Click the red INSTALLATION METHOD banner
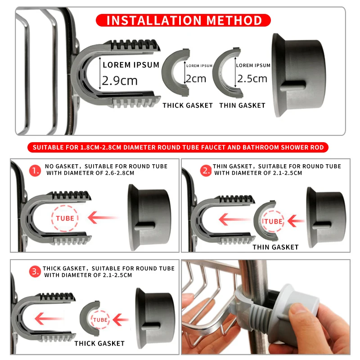(x=183, y=20)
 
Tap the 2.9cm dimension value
(x=120, y=81)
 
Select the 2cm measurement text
(x=196, y=79)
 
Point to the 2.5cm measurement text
(x=252, y=79)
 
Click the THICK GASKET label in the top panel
(x=188, y=105)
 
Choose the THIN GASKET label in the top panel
(x=242, y=105)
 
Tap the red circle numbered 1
(x=35, y=171)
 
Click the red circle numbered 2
(x=206, y=171)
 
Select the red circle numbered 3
(x=35, y=272)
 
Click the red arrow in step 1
(x=103, y=218)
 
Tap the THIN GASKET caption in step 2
(x=275, y=247)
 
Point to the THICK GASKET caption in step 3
(x=99, y=343)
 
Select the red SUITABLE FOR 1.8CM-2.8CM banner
(x=178, y=147)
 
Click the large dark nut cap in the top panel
(x=298, y=75)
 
